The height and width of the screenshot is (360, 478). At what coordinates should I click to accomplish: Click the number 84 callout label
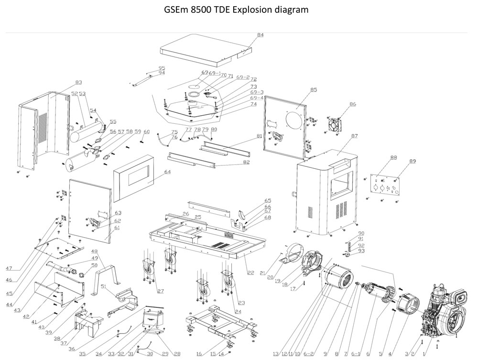point(260,35)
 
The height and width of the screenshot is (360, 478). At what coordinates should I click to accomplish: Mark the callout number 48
point(94,251)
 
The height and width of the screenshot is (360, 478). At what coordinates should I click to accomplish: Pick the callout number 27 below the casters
point(160,291)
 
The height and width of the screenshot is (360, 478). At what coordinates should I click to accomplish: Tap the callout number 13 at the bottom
point(275,354)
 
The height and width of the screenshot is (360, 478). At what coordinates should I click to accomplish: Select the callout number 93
point(361,251)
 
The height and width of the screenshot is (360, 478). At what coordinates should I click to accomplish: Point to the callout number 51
point(103,286)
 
